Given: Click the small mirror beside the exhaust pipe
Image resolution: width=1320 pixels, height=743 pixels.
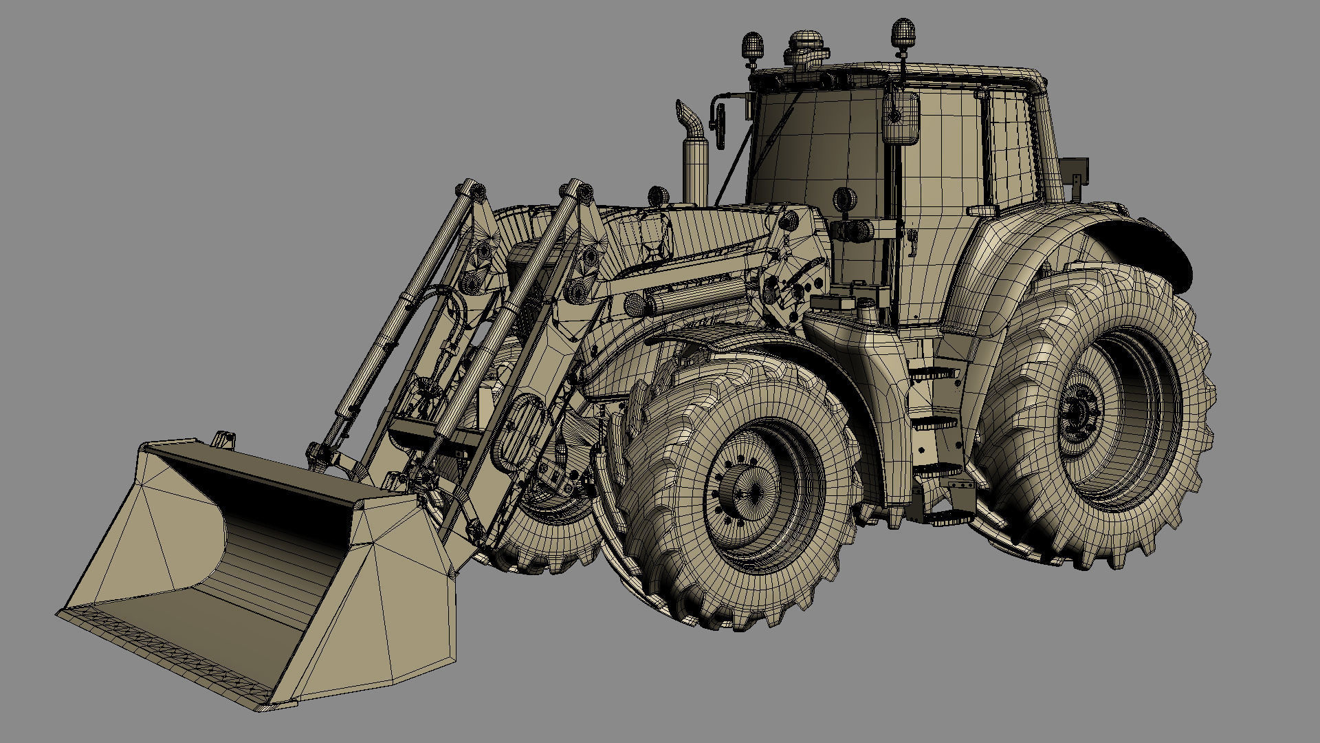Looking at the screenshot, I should (720, 124).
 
